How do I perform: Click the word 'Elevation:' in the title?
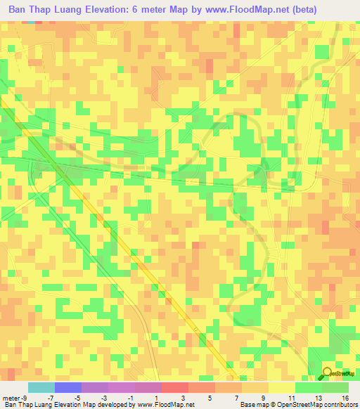(x=109, y=10)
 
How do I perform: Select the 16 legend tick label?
(x=345, y=398)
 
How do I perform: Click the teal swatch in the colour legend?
(x=41, y=387)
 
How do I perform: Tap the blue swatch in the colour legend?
(x=68, y=387)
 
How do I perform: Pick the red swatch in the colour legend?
(x=175, y=387)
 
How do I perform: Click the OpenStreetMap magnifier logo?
(x=328, y=375)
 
